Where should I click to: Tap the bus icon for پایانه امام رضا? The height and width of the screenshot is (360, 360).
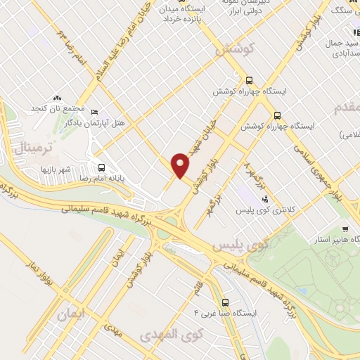101,167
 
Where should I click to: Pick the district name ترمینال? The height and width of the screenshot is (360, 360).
31,148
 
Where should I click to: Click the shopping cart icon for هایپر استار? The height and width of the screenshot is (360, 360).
345,229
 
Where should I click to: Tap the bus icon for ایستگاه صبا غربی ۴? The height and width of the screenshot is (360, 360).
224,297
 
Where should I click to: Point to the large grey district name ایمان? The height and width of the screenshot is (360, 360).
72,318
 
